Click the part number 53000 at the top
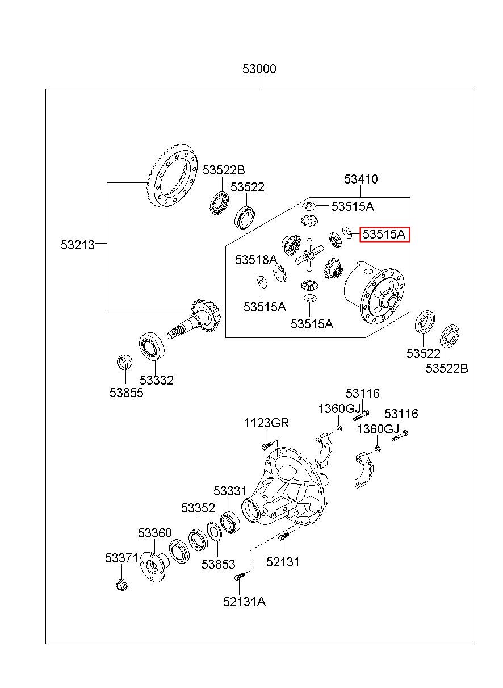259,69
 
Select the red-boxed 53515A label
384,235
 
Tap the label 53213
78,245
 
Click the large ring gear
172,179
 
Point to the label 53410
361,179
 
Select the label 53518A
256,260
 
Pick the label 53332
157,380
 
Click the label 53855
127,393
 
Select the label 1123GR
266,423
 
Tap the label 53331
230,491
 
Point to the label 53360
154,533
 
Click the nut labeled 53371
121,584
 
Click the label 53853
218,564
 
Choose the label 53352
198,508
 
